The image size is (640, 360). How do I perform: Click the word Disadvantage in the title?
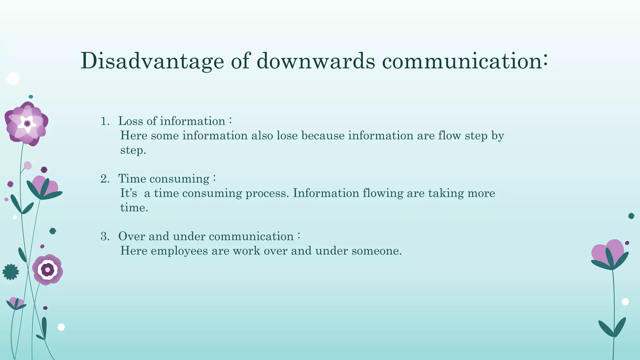(x=152, y=61)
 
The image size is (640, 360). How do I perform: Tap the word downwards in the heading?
(x=316, y=61)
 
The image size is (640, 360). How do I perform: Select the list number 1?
(x=105, y=122)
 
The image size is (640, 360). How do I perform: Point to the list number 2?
(x=105, y=179)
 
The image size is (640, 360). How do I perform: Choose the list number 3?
(x=105, y=237)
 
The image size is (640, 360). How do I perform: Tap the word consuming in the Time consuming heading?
(x=179, y=179)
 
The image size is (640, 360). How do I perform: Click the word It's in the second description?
(x=128, y=193)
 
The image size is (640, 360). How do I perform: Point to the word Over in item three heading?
(x=132, y=236)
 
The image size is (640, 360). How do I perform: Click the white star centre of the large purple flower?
(x=27, y=123)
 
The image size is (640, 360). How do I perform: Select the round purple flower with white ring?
(x=47, y=269)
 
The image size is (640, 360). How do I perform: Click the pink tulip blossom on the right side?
(x=608, y=252)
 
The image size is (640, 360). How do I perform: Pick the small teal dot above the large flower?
(x=31, y=97)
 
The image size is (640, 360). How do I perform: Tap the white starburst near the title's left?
(x=13, y=79)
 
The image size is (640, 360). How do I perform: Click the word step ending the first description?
(x=133, y=150)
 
